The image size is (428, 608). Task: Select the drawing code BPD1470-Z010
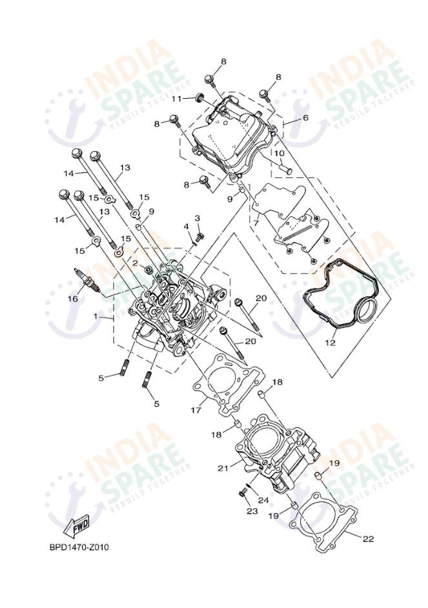79,547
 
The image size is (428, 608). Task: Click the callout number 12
330,343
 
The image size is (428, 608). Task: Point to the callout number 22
368,539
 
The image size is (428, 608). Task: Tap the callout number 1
96,317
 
